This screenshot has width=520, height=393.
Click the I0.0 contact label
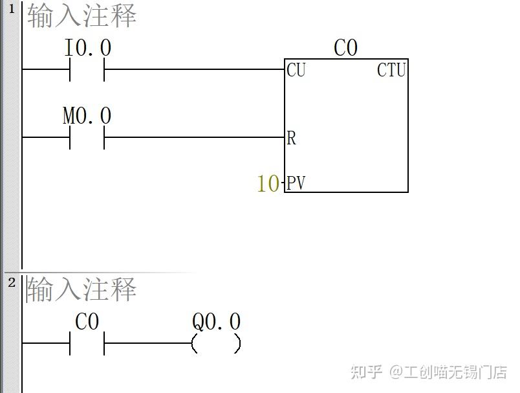pos(88,48)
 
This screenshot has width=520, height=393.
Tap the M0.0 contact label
pos(87,117)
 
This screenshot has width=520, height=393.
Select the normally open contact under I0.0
pos(87,69)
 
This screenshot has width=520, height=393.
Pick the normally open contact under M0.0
pos(87,137)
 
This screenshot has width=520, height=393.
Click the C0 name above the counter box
pos(345,48)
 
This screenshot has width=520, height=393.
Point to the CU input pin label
pos(296,70)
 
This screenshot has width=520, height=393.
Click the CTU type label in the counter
pos(391,70)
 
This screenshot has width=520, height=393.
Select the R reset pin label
pos(291,138)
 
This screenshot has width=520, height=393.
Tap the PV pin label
pos(296,183)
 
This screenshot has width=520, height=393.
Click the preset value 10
pos(268,184)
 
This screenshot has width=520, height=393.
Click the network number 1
pos(11,10)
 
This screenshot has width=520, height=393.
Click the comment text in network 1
pos(81,16)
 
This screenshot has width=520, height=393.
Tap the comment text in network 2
pos(81,289)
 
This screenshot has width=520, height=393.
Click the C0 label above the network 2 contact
pos(87,322)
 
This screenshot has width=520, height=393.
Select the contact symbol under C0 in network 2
pos(87,343)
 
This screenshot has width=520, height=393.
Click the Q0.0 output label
pos(216,322)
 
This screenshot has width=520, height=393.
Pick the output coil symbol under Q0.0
pos(216,343)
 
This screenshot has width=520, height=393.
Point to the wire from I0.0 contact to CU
pos(194,69)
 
